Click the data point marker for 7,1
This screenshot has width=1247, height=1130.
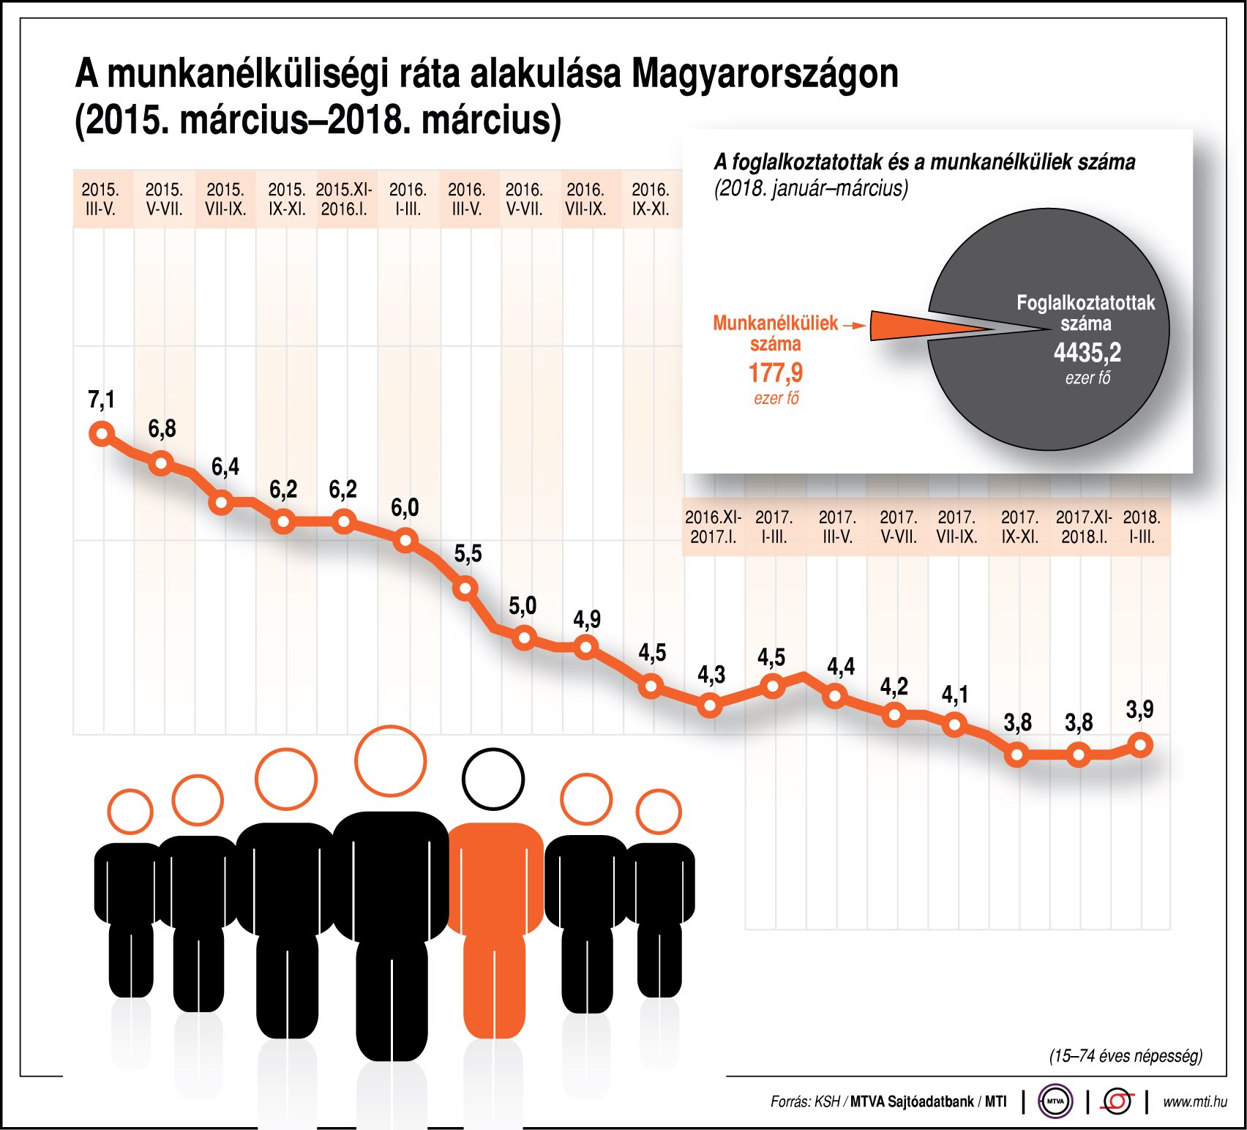coord(102,434)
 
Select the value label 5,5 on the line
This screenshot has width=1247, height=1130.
coord(468,554)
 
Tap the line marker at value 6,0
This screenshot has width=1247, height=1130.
coord(405,541)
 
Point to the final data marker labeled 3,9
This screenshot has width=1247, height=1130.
coord(1141,746)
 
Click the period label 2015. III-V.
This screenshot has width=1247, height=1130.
coord(101,200)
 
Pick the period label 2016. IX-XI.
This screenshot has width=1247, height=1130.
coord(651,200)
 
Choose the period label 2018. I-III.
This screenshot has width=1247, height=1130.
coord(1142,527)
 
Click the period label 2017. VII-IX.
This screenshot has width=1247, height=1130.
coord(956,527)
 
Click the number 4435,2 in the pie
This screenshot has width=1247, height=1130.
coord(1087,353)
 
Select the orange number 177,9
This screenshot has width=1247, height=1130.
coord(775,373)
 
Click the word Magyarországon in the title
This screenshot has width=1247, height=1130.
coord(765,73)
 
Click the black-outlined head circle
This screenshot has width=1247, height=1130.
coord(493,779)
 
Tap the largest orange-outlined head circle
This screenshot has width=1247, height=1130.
coord(390,761)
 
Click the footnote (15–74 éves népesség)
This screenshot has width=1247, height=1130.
coord(1126,1056)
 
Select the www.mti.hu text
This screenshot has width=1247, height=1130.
coord(1194,1101)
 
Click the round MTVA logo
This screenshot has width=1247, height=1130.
coord(1055,1101)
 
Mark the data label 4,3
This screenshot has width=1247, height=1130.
coord(711,675)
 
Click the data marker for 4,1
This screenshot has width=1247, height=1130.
coord(954,725)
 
